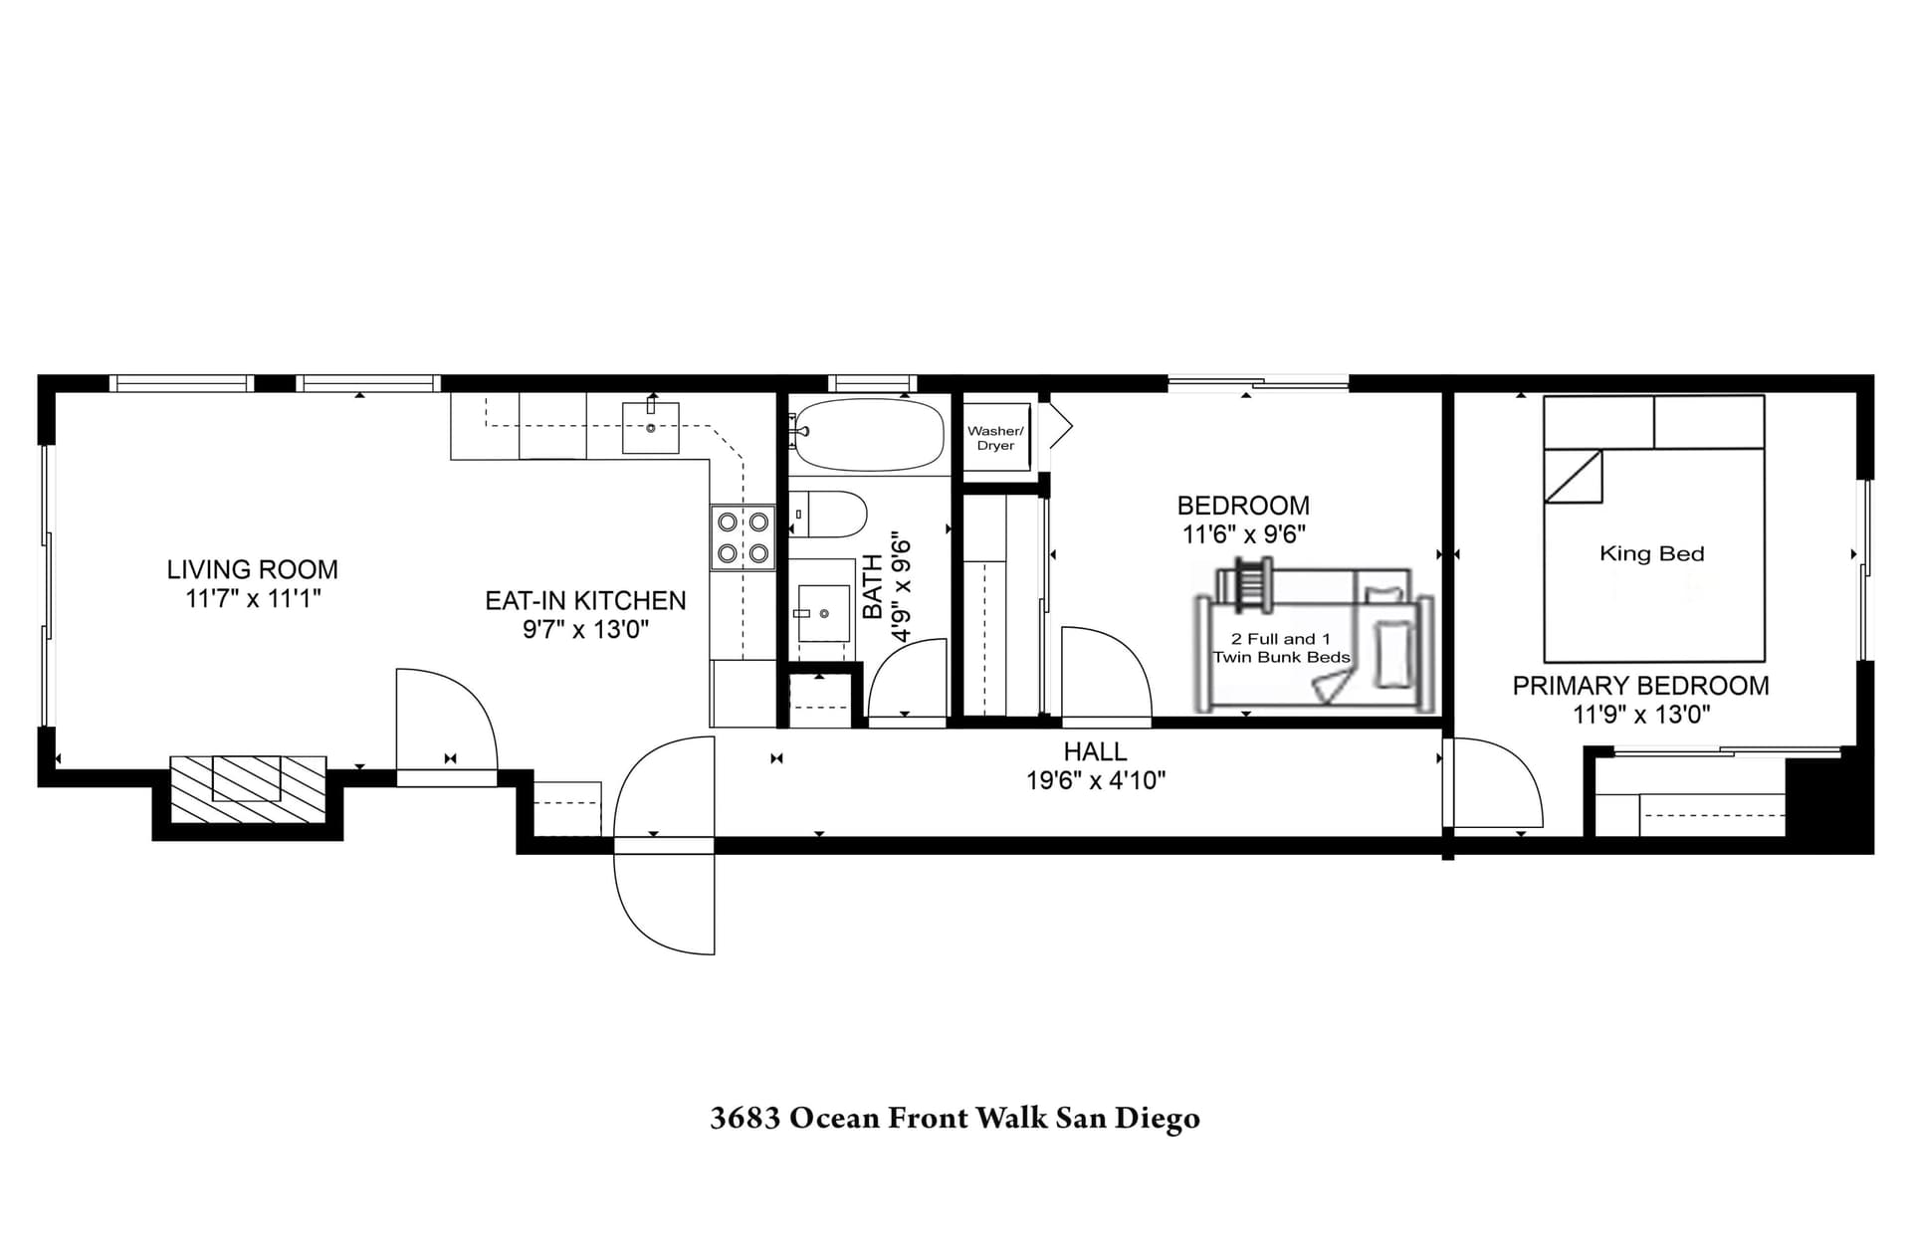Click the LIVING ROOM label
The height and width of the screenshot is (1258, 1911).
coord(252,569)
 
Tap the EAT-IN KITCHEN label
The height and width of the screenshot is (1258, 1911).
coord(585,600)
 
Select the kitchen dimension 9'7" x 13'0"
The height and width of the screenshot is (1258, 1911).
coord(585,629)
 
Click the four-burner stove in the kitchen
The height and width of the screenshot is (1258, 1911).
coord(743,536)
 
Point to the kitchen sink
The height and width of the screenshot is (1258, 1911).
coord(650,427)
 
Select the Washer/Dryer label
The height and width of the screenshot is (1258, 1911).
coord(995,438)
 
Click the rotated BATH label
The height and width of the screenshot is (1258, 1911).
coord(872,587)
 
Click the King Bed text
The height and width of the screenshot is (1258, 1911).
coord(1651,553)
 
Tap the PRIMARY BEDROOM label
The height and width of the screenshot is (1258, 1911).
coord(1640,686)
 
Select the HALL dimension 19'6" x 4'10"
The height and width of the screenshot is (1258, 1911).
coord(1095,780)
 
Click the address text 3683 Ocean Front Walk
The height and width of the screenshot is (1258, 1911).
coord(955,1118)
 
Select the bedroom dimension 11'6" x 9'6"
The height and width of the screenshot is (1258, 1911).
coord(1243,534)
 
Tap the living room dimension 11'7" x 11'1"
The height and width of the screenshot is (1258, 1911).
coord(252,598)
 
